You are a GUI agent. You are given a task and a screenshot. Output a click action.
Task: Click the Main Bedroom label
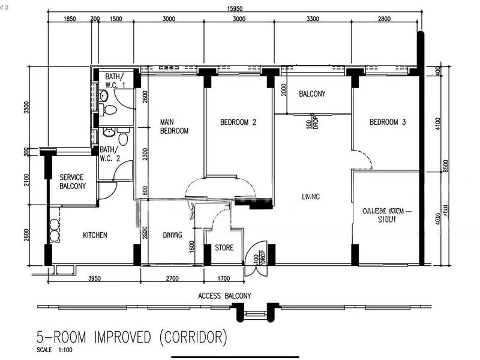(x=174, y=127)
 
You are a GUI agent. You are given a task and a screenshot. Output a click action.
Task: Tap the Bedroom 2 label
(x=238, y=122)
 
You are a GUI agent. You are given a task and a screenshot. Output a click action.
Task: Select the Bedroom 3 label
(x=388, y=122)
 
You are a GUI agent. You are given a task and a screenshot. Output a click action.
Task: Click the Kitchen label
(x=95, y=235)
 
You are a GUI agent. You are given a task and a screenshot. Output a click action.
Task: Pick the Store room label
(x=224, y=248)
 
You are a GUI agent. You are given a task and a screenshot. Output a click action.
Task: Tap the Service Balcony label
(x=72, y=182)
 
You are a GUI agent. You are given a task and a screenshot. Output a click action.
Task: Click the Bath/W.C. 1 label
(x=115, y=81)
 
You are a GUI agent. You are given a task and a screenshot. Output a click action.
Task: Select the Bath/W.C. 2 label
(x=110, y=154)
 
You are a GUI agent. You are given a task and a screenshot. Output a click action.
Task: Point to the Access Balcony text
(x=224, y=296)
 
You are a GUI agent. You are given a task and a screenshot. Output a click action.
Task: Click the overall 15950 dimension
(x=234, y=8)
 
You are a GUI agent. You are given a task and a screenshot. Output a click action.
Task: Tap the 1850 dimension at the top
(x=70, y=19)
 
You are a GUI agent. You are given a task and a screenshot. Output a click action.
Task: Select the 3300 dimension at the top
(x=313, y=19)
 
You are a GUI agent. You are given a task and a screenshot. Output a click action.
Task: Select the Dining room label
(x=173, y=235)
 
